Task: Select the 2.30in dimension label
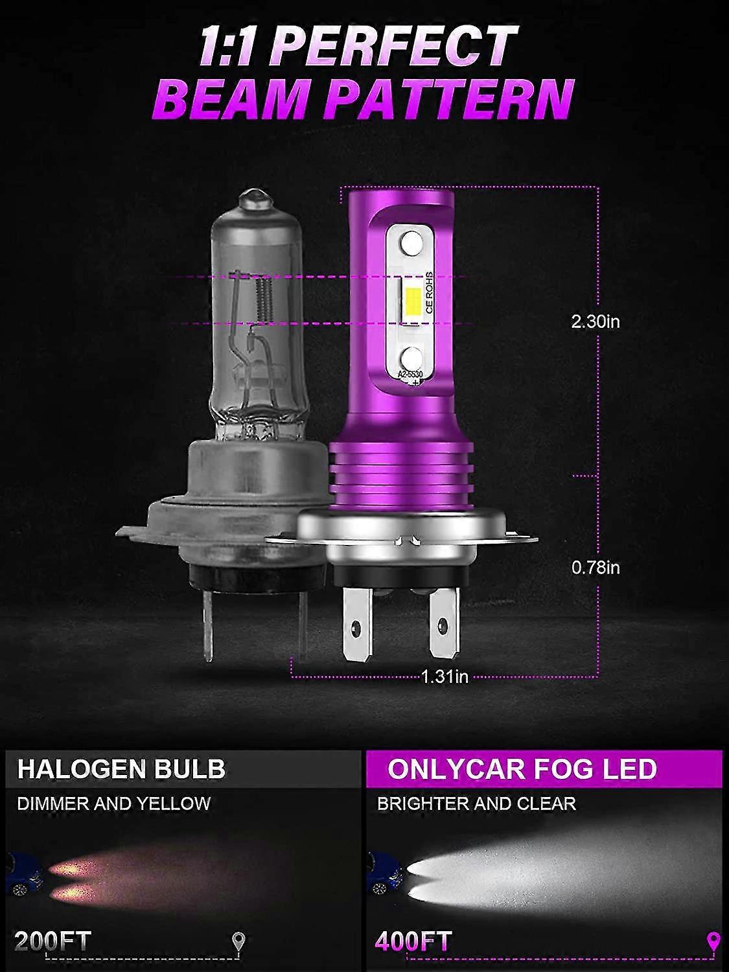point(595,321)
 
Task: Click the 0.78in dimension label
point(595,568)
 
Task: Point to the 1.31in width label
point(445,677)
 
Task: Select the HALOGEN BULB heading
point(121,769)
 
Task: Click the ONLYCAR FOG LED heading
point(522,769)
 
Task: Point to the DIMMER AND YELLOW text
point(113,804)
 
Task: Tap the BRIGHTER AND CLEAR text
point(476,804)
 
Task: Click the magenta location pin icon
point(713,940)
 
